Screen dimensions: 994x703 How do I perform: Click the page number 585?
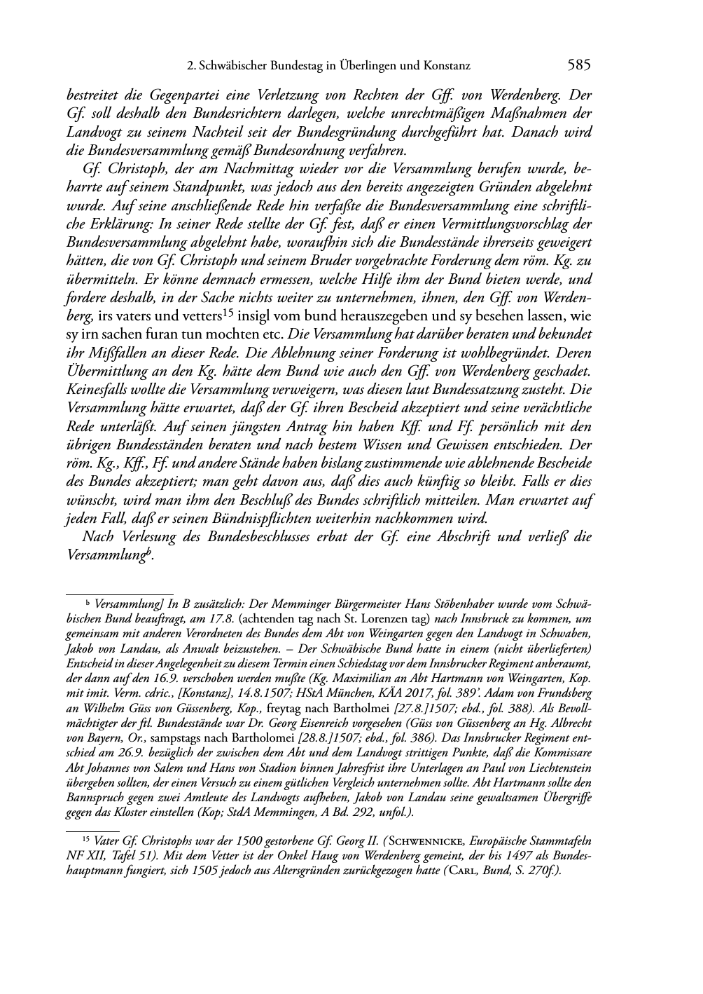tap(580, 66)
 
